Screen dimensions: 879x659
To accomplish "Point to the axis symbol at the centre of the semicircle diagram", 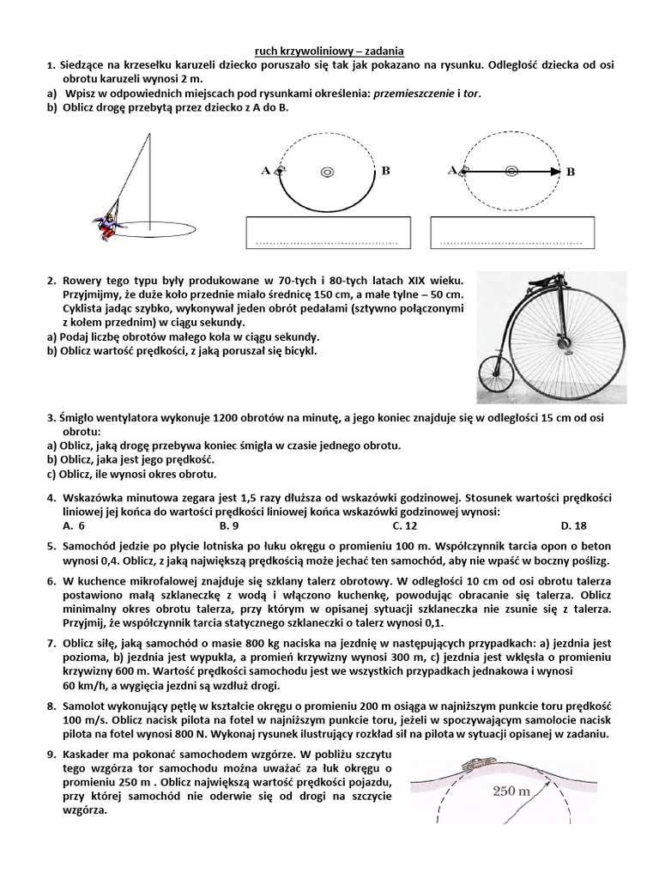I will [326, 172].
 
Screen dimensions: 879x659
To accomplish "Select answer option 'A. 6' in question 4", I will [75, 525].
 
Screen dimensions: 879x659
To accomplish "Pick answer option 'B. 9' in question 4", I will [228, 525].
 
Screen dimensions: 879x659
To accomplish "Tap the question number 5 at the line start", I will [51, 545].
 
